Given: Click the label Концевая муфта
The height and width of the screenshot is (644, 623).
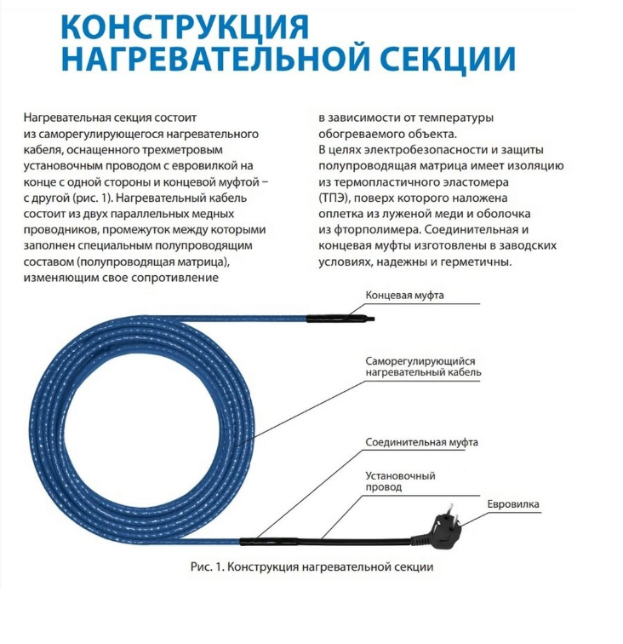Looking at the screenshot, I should tap(405, 296).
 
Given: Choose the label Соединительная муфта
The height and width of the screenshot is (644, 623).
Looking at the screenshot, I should tap(421, 442).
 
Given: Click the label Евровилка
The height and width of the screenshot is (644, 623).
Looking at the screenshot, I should tap(512, 504).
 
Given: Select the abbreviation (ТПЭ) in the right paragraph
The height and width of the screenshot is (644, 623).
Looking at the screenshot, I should tap(336, 197).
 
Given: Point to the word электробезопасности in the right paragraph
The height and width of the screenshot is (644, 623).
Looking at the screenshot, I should tap(410, 150).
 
